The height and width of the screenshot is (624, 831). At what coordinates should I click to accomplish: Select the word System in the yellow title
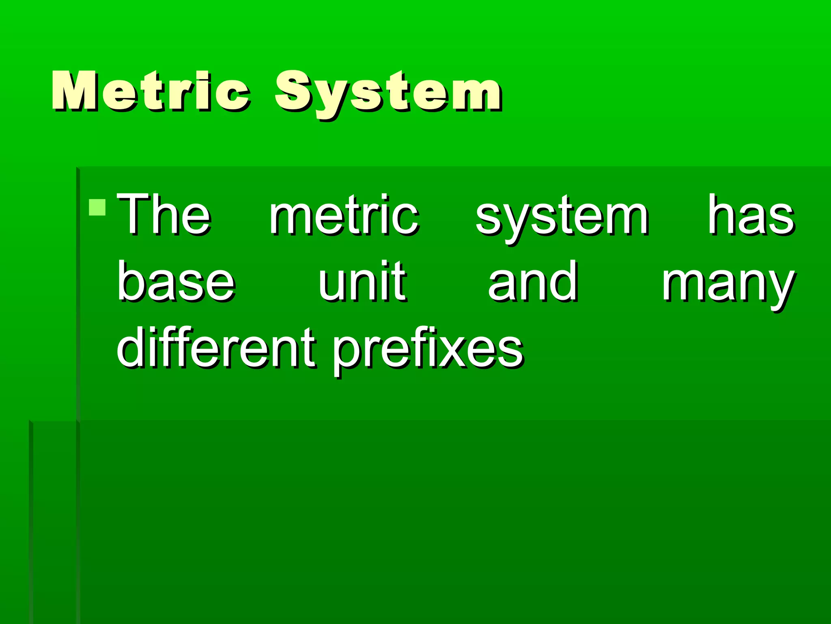pyautogui.click(x=388, y=93)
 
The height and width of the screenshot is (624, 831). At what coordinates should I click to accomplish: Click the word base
pyautogui.click(x=176, y=281)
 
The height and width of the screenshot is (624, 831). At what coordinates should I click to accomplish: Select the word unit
pyautogui.click(x=362, y=281)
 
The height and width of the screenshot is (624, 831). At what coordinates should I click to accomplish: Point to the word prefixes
pyautogui.click(x=428, y=349)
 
